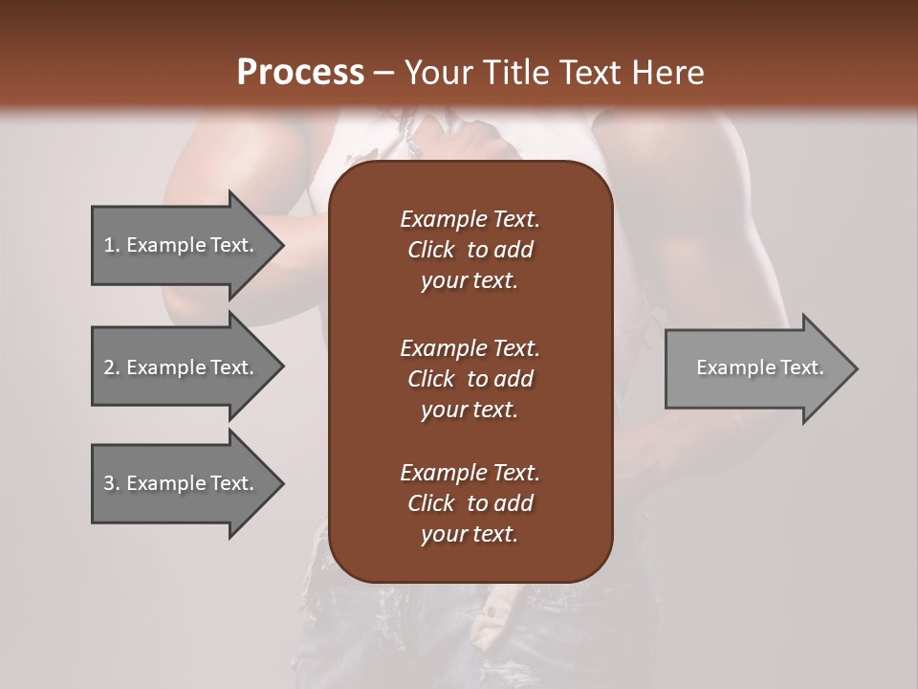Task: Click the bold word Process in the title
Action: tap(300, 73)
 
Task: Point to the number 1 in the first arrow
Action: tap(109, 245)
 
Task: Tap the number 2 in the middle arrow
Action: tap(109, 367)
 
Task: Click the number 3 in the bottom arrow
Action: tap(109, 483)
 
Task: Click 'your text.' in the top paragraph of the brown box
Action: tap(470, 281)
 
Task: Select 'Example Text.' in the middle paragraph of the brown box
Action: tap(470, 348)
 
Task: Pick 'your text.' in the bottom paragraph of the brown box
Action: tap(470, 535)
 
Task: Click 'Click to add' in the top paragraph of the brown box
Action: tap(470, 251)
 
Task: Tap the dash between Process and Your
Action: tap(384, 73)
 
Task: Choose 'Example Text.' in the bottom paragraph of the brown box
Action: tap(470, 473)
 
